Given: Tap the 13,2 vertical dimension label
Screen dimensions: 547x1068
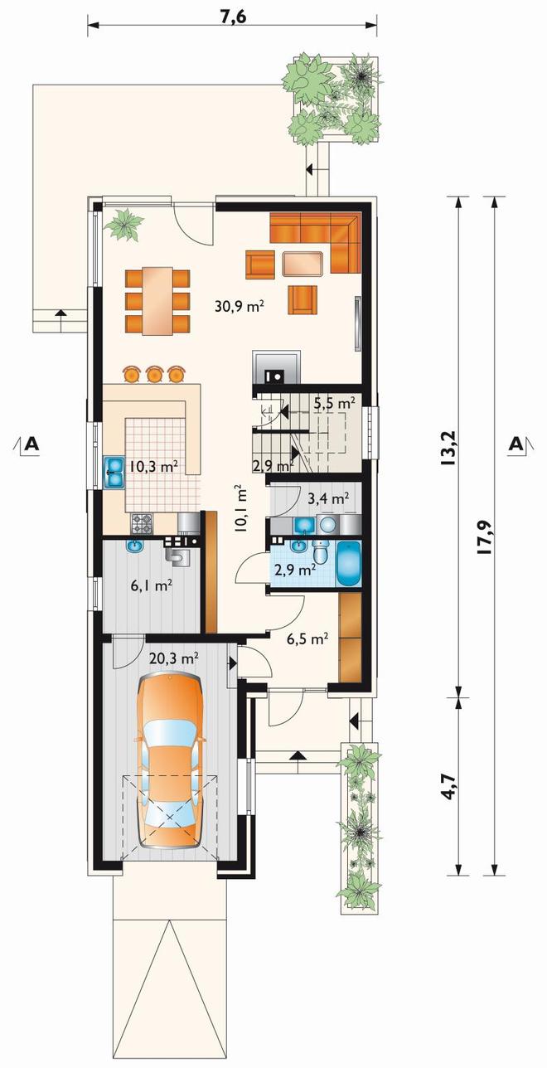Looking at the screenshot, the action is [451, 448].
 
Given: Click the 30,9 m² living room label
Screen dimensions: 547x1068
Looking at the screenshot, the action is [240, 306].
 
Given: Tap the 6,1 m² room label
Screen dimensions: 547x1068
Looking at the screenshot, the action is [152, 585].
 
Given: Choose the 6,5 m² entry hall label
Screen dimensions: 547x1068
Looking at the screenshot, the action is [307, 638].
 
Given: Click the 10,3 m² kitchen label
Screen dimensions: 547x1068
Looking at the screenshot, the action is [154, 466].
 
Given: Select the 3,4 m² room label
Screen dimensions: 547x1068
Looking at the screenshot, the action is [328, 499].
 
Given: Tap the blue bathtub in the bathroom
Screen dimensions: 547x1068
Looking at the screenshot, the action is [349, 564].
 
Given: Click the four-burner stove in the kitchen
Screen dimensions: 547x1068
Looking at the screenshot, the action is [142, 524].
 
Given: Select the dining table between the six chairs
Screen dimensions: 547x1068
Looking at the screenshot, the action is [157, 301].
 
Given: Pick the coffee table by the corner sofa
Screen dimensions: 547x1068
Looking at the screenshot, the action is [303, 264].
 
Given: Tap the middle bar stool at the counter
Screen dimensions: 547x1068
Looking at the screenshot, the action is [154, 374].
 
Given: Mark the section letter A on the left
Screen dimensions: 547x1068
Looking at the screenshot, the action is [31, 444].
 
